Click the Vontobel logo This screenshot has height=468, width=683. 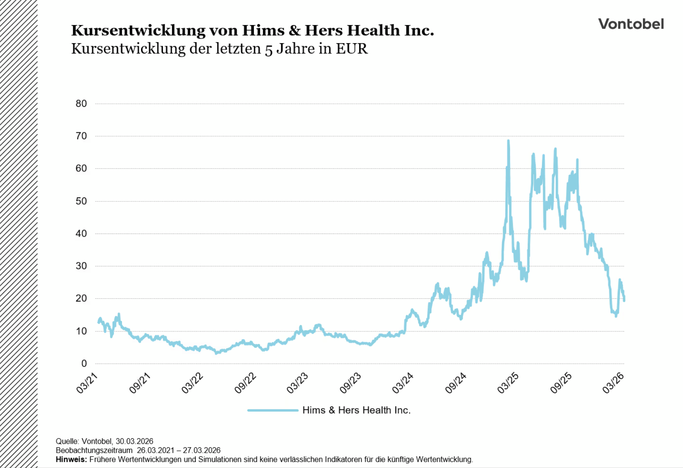coord(631,24)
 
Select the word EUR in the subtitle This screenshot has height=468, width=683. coord(352,49)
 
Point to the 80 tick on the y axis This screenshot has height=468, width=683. coord(81,104)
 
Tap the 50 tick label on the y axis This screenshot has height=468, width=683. coord(81,201)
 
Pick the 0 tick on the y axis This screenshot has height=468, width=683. coord(84,364)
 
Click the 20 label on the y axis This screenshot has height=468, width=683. coord(81,299)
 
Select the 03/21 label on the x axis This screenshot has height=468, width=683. coord(88,383)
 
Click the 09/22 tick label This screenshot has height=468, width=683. coord(246,383)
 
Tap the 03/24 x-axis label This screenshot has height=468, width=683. coord(403,383)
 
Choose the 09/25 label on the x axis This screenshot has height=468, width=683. coord(561,383)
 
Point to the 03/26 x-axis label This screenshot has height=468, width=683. coord(614,383)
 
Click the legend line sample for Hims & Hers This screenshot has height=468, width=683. coord(273,410)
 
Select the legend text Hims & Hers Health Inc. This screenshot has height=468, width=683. coord(356,410)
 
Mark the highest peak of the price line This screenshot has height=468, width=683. coord(508,140)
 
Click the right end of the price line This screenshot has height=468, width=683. coord(624,300)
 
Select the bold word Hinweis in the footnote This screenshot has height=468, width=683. coord(71,459)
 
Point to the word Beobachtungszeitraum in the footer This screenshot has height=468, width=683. coord(94,450)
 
